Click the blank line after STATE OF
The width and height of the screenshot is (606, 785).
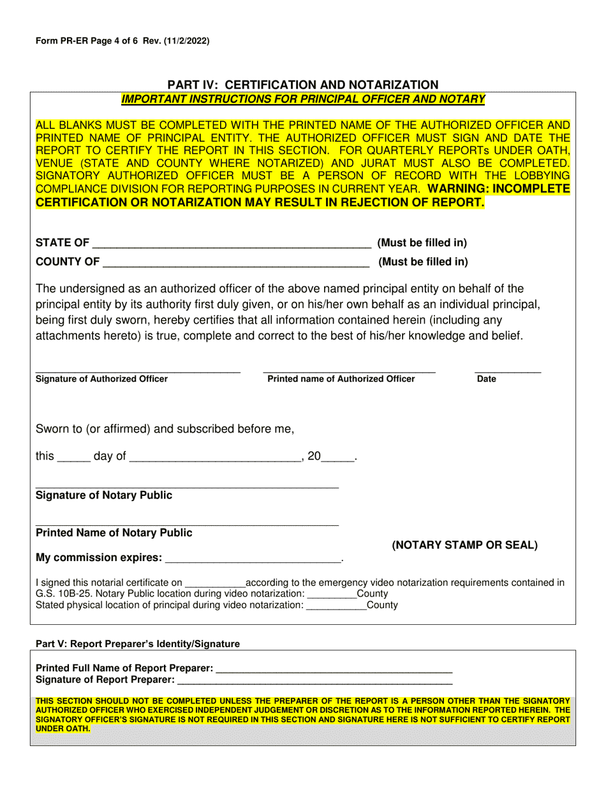click(232, 244)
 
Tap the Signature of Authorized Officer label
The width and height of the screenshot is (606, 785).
click(102, 379)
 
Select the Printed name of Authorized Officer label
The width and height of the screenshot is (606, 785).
click(341, 379)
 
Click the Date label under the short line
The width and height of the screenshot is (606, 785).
click(486, 379)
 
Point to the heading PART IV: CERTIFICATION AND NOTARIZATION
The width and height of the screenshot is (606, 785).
click(303, 85)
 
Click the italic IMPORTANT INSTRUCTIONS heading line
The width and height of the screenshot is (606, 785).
click(303, 99)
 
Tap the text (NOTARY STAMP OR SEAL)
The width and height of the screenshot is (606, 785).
click(464, 545)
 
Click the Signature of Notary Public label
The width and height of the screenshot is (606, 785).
click(104, 496)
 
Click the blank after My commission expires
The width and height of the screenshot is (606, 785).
click(253, 559)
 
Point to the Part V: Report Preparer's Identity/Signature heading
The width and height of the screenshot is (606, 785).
click(138, 644)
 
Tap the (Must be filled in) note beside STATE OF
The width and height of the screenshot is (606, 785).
click(422, 243)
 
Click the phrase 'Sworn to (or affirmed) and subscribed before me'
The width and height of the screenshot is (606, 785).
click(165, 429)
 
